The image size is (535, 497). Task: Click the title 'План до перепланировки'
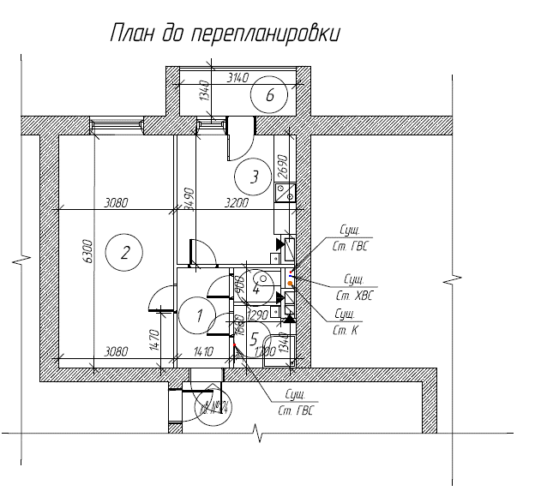coord(225,33)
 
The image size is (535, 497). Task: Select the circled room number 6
coord(270,95)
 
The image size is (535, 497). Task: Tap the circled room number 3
coord(253,177)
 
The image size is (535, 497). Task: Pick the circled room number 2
coord(124,253)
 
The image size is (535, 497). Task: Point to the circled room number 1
coord(200,315)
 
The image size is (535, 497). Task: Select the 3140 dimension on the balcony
coord(237,78)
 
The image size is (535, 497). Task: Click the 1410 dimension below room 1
coord(203,352)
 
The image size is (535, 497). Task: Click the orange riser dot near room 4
coord(290,283)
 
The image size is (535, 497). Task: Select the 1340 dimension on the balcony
coord(204,90)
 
